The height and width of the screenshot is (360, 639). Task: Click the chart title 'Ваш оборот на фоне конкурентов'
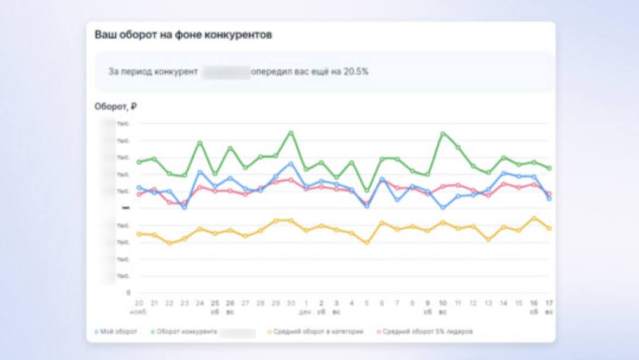tap(184, 36)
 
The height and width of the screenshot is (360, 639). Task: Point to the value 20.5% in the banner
tap(356, 72)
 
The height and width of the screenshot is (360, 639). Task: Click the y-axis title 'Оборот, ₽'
tap(115, 107)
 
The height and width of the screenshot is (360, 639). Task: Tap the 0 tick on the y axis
tap(128, 293)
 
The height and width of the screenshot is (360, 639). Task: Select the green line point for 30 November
tap(291, 133)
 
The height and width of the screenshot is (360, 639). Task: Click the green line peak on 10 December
tap(443, 133)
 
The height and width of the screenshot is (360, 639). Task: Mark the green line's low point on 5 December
tap(367, 191)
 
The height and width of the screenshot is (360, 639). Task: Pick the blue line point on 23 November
tap(185, 208)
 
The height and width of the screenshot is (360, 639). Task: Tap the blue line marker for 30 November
tap(291, 163)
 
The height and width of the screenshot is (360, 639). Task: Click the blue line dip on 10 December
tap(443, 208)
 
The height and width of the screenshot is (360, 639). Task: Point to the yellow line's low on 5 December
tap(367, 243)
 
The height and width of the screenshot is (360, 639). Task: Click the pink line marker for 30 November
tap(291, 179)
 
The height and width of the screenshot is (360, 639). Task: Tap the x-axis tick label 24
tap(200, 303)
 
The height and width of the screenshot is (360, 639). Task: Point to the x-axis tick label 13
tap(488, 303)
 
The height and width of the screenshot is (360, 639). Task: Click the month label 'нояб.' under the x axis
tap(139, 312)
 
